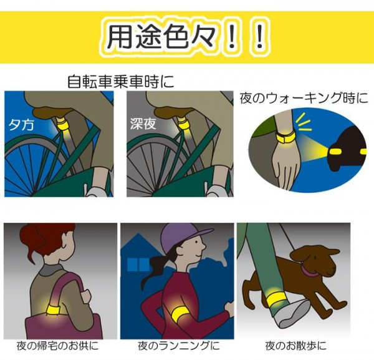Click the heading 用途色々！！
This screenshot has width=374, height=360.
185,37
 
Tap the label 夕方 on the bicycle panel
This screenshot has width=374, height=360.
21,124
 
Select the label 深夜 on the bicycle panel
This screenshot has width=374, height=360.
143,124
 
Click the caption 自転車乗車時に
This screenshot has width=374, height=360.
121,82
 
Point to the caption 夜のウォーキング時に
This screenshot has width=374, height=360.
304,98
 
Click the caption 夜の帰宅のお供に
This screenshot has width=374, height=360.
57,346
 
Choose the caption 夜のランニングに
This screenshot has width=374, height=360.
179,346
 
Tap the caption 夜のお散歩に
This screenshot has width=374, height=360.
295,346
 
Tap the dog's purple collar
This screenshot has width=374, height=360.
310,271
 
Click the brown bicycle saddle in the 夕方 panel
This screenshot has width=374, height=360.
54,112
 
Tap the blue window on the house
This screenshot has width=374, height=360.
138,265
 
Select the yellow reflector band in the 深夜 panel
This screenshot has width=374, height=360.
184,124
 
